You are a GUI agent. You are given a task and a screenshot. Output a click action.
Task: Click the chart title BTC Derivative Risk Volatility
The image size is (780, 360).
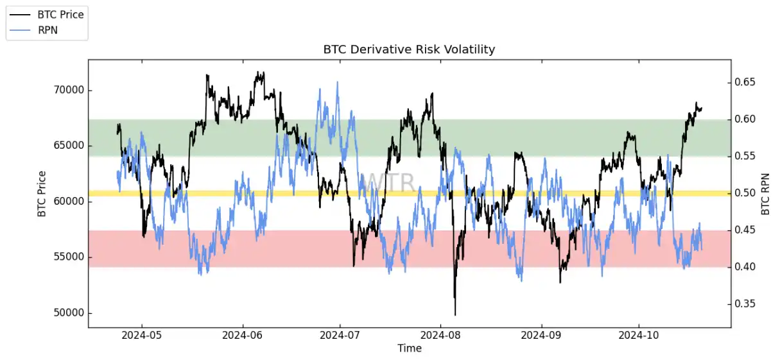409,49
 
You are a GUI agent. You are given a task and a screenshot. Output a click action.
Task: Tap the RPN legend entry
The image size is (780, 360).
48,30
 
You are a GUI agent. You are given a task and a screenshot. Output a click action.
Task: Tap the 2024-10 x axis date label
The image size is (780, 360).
639,335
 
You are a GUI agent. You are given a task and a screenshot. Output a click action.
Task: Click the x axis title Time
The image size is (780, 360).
409,348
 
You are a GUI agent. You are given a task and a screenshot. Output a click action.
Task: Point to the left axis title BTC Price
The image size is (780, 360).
42,194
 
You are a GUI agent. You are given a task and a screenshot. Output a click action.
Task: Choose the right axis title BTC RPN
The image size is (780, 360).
765,194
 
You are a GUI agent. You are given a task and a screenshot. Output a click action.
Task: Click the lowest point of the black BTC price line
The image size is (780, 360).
455,315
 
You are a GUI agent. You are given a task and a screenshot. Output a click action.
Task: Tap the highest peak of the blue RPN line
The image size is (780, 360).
337,82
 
